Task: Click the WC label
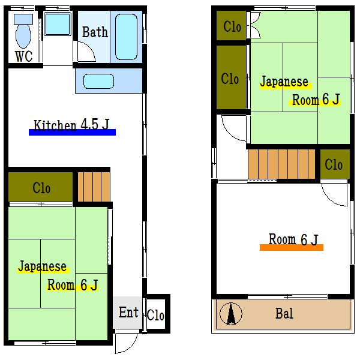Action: tap(23, 57)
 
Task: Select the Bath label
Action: tap(95, 32)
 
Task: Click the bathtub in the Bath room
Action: tap(126, 36)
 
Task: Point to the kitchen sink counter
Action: tap(109, 80)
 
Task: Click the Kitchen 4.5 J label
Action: tap(71, 125)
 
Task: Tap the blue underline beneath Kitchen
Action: tap(72, 133)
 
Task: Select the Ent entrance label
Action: tap(128, 313)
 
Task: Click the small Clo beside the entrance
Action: tap(155, 315)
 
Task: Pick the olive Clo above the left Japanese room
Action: tap(41, 188)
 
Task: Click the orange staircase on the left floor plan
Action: tap(94, 187)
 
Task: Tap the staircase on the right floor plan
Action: tap(281, 164)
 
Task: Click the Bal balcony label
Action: tap(284, 313)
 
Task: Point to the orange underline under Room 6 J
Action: tap(291, 247)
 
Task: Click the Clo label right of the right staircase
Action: tap(334, 164)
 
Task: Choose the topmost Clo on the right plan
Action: tap(232, 26)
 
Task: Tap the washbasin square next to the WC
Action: tap(58, 24)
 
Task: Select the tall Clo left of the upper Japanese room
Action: tap(230, 79)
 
